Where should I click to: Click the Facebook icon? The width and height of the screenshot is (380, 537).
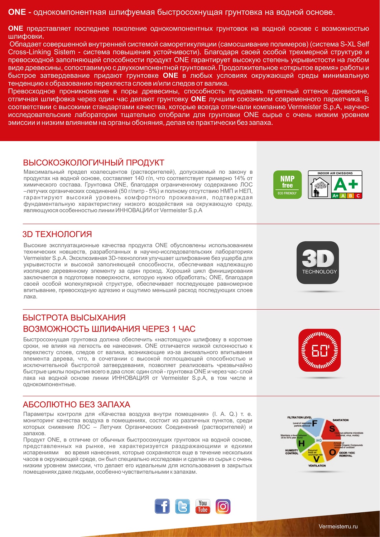point(162,507)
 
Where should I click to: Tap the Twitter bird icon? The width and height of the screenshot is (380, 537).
point(182,507)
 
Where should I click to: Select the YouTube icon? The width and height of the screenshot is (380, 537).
point(203,507)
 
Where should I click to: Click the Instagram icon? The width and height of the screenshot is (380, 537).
point(223,507)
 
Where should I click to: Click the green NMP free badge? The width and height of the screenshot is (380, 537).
point(287,185)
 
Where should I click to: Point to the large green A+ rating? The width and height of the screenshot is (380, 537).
point(346,184)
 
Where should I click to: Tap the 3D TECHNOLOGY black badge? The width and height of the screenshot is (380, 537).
point(318,262)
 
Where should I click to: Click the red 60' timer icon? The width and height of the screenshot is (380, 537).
point(319,350)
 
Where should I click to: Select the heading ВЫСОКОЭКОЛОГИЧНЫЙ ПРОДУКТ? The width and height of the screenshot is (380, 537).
point(93,163)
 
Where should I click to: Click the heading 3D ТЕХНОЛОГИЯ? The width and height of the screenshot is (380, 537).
point(57,234)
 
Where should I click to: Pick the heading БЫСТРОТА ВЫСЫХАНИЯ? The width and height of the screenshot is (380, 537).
point(74,318)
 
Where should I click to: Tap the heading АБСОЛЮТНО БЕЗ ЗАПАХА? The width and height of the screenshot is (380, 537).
point(76,405)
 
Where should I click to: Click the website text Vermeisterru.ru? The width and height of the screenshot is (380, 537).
point(338,526)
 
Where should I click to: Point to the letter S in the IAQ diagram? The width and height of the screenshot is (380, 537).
point(332,429)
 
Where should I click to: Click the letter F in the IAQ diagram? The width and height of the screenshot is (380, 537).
point(315,424)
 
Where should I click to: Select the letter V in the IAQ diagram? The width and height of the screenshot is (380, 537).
point(317,459)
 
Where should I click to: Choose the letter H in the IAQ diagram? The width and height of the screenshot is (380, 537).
point(302,444)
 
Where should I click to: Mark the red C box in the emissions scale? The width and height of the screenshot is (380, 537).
point(358,196)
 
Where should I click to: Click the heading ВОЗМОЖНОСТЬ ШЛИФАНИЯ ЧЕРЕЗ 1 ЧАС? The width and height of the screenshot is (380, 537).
point(109,329)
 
